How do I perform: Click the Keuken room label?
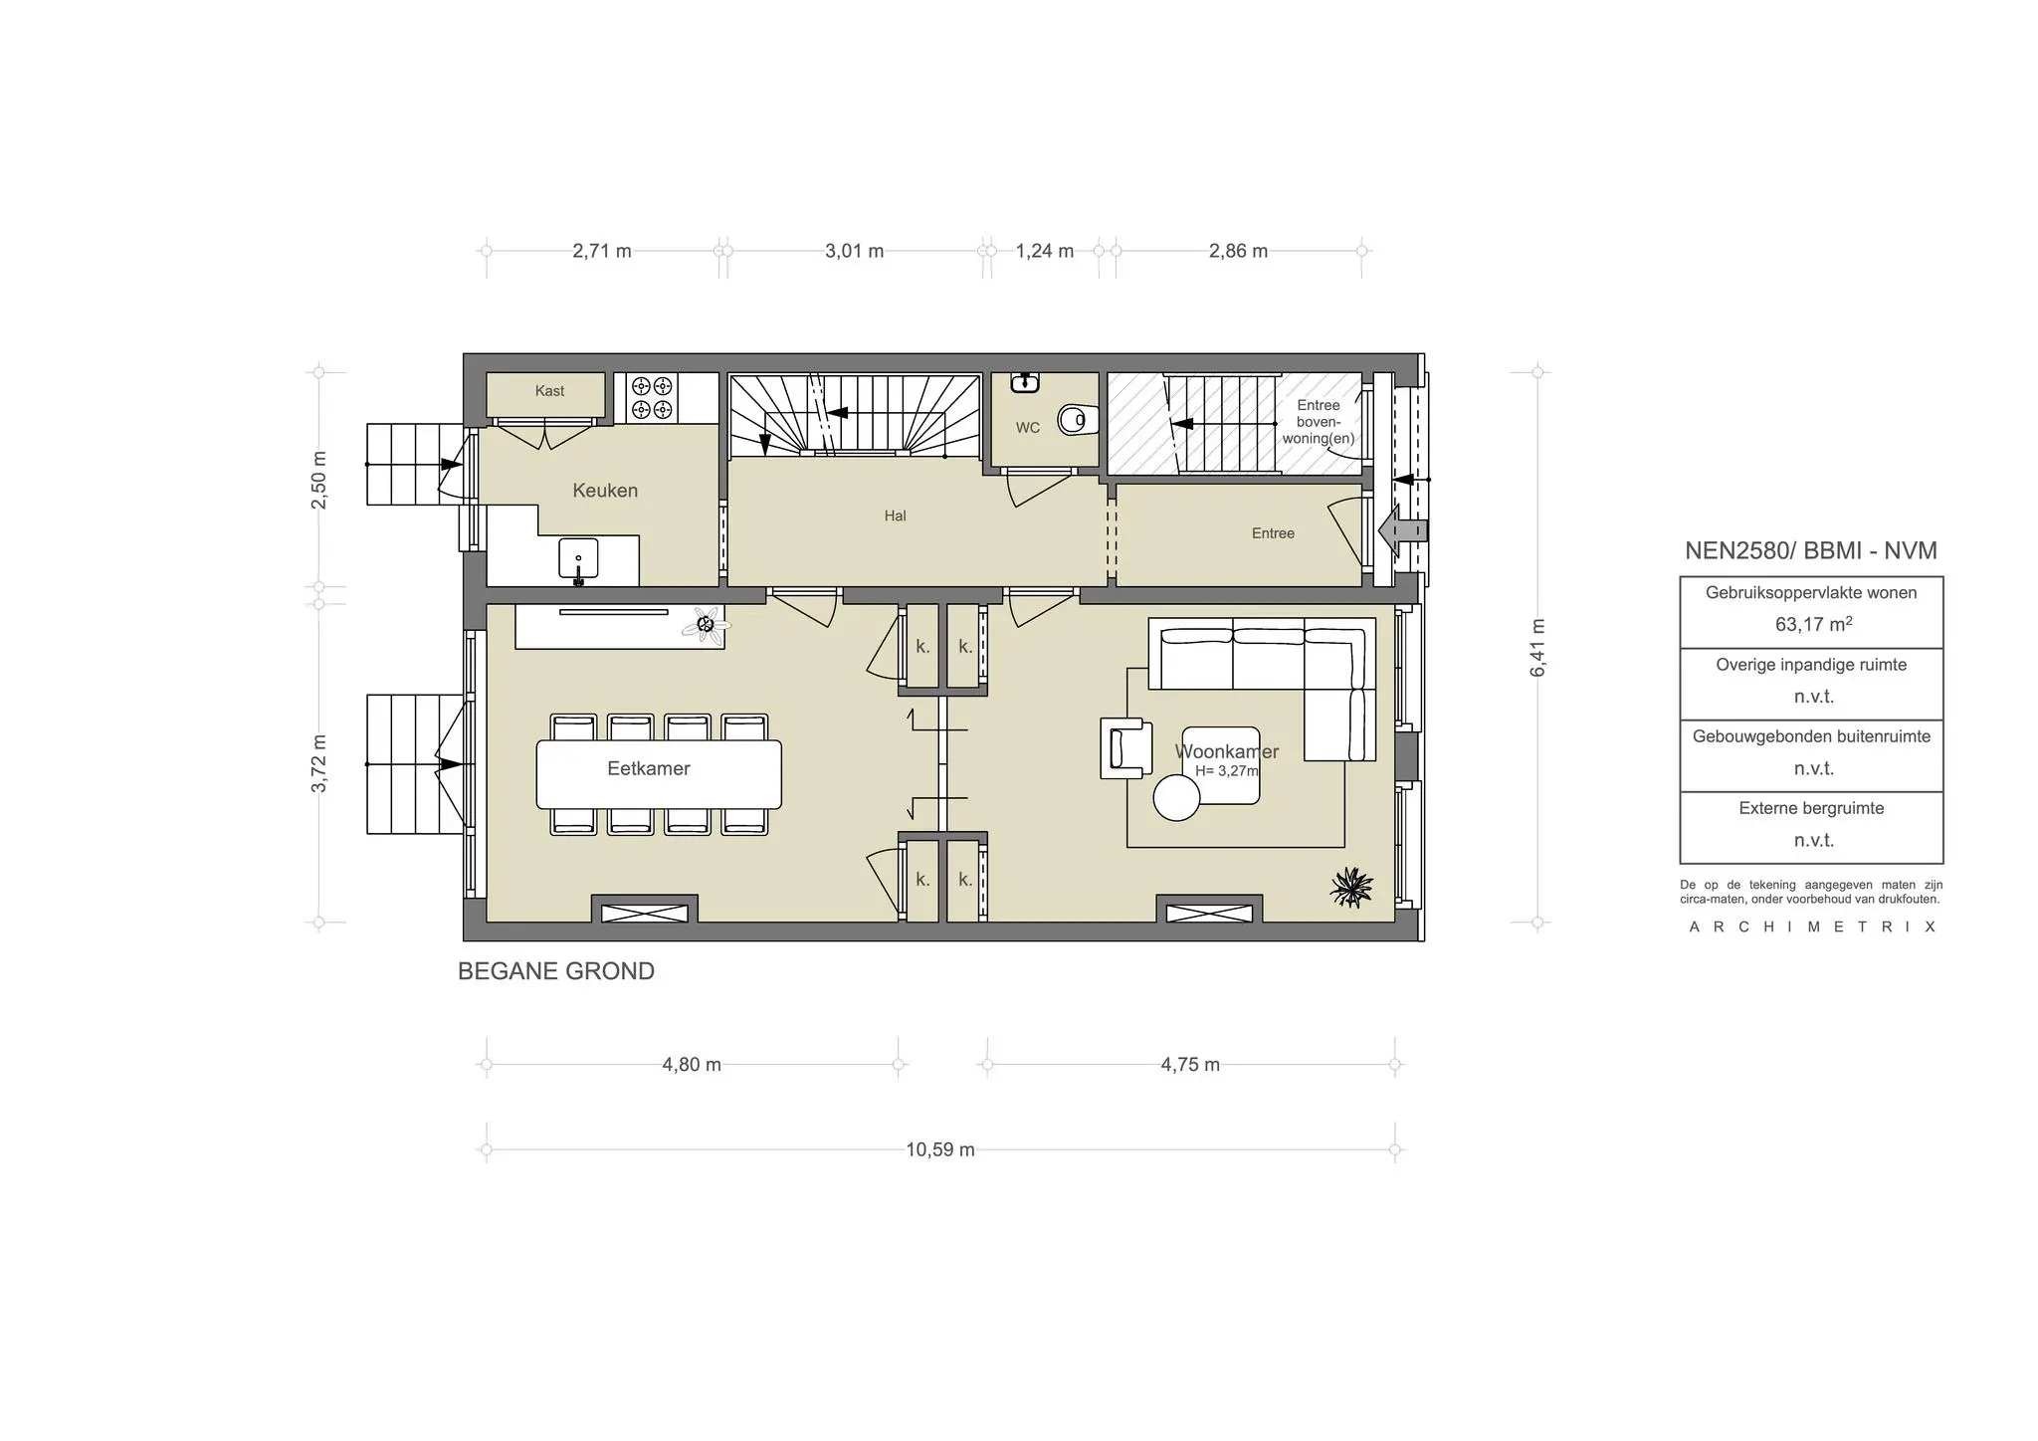click(605, 491)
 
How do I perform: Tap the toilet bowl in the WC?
click(1074, 421)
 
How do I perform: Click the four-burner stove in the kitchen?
click(652, 398)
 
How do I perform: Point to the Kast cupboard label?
click(549, 391)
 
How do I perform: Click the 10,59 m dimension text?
click(939, 1150)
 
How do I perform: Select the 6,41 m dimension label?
click(1538, 648)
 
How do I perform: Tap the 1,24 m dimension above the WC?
click(1044, 251)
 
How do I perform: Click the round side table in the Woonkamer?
click(1176, 798)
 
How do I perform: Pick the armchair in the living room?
click(1125, 748)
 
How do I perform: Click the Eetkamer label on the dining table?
click(649, 768)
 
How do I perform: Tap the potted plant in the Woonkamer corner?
click(1351, 886)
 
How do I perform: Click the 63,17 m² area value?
click(1812, 625)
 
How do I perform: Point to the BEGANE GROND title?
click(555, 971)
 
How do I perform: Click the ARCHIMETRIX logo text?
click(1812, 927)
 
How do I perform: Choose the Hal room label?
click(895, 515)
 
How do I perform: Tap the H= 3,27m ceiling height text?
click(1226, 771)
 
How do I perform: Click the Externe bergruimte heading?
click(1811, 808)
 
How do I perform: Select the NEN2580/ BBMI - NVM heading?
click(1811, 550)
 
